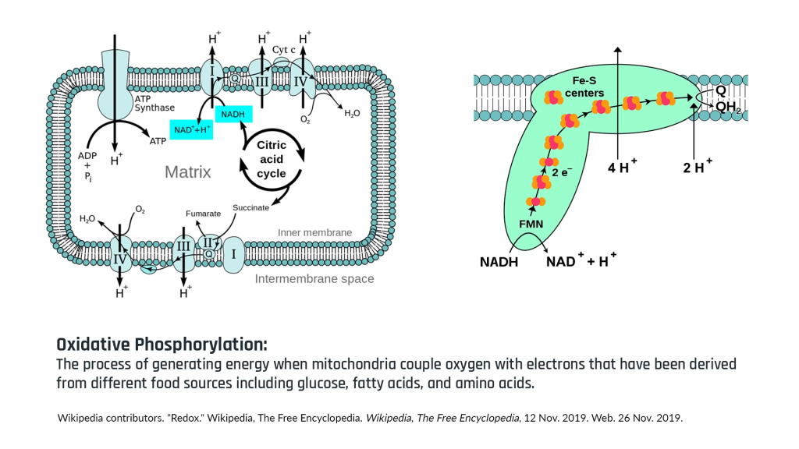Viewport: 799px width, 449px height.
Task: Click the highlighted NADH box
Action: tap(233, 115)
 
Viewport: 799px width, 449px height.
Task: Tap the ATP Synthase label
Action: tap(154, 103)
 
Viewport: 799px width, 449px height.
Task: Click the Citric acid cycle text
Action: tap(272, 159)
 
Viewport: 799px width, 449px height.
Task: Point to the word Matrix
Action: tap(187, 171)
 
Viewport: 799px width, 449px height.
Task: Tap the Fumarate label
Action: tap(203, 213)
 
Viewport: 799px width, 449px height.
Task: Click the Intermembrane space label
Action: tap(314, 278)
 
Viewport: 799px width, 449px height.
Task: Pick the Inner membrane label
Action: tap(314, 232)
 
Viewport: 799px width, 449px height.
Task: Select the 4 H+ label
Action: tap(622, 167)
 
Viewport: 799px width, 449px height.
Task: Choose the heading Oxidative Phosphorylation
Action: tap(162, 345)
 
